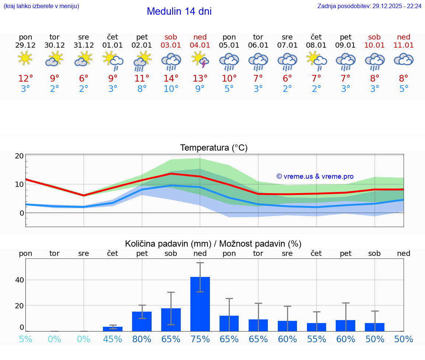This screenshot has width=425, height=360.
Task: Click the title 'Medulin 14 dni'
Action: (179, 11)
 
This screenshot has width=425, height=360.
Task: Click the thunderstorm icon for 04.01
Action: (200, 59)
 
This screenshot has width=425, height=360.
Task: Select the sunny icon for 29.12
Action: (25, 58)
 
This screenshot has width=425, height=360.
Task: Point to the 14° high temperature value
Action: (171, 79)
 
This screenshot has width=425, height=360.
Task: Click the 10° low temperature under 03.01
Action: (171, 89)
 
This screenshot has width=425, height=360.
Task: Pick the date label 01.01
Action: (113, 45)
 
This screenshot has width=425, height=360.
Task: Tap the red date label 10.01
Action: (374, 45)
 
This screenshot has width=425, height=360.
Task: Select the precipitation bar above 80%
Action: (142, 321)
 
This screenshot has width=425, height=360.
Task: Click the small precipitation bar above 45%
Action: (113, 329)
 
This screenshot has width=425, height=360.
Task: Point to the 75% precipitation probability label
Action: (200, 339)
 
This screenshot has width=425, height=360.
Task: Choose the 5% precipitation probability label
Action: (25, 339)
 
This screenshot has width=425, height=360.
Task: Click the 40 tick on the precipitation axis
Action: (20, 280)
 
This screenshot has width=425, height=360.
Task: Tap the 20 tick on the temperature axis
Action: (20, 156)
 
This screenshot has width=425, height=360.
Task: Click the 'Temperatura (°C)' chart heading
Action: (214, 148)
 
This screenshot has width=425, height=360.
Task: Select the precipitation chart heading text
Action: (213, 244)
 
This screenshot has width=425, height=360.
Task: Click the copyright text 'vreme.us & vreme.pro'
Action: (315, 176)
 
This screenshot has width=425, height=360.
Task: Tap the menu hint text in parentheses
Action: (41, 6)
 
